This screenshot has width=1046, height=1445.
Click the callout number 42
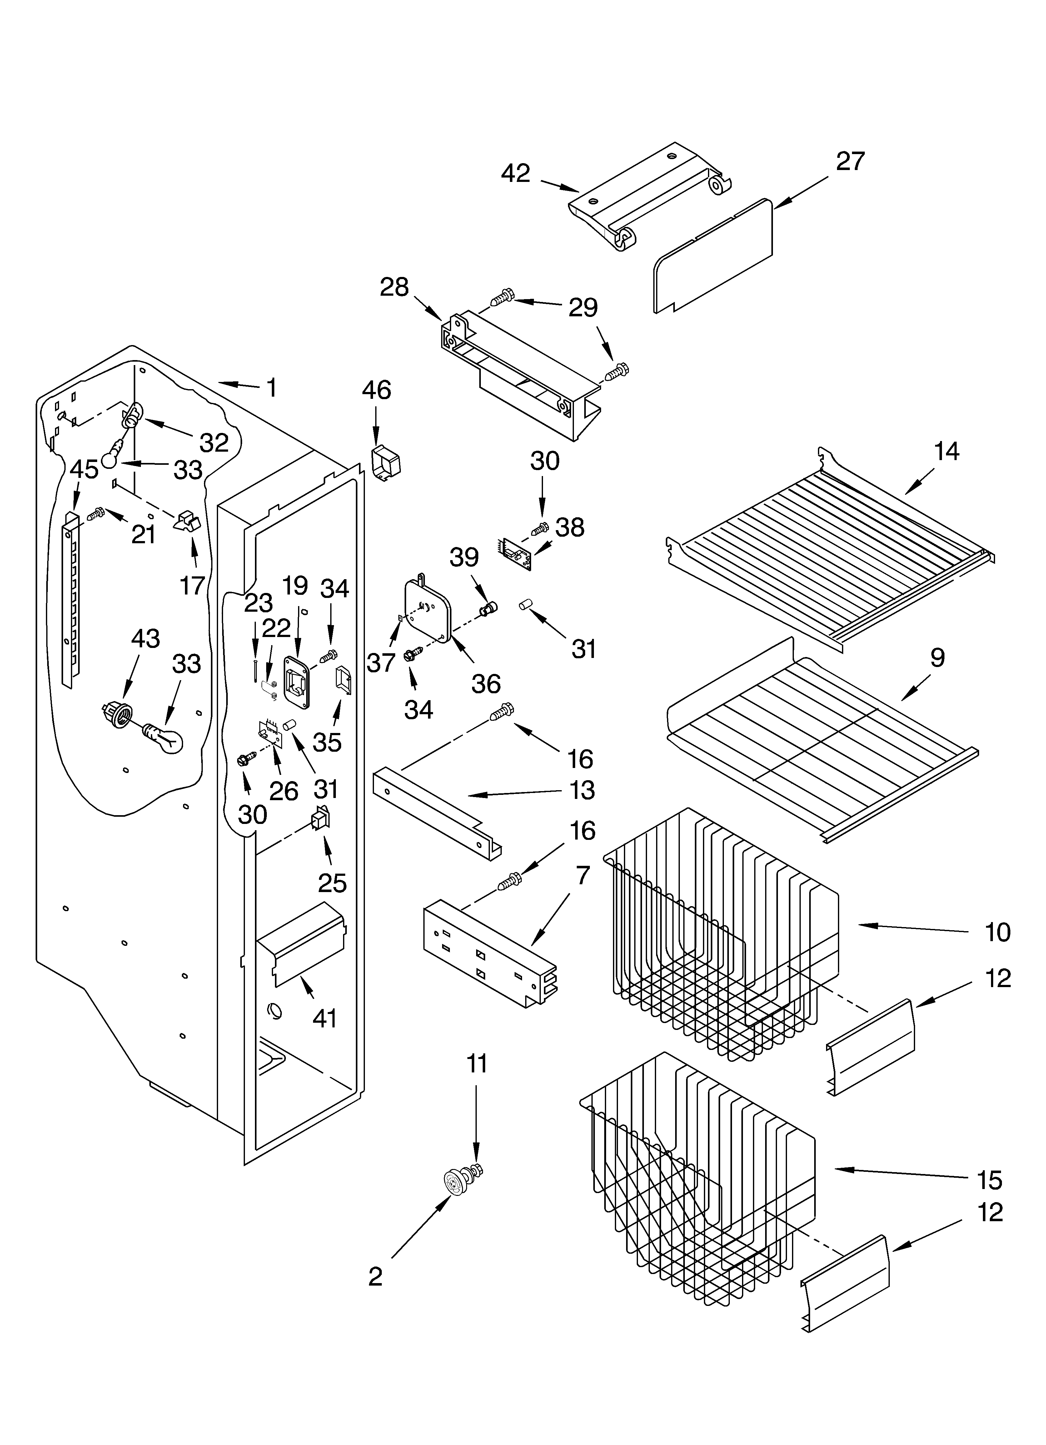[516, 173]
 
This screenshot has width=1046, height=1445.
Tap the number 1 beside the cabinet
[272, 387]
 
